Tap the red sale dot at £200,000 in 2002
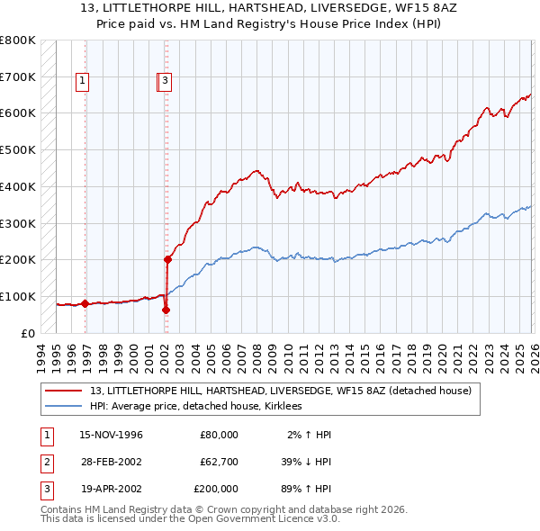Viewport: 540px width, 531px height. click(x=167, y=259)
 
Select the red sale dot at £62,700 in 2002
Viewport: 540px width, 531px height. click(x=166, y=310)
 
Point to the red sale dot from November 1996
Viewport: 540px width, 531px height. click(x=85, y=303)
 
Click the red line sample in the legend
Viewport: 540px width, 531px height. click(x=65, y=391)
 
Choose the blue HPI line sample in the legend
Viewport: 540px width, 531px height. click(x=65, y=406)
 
